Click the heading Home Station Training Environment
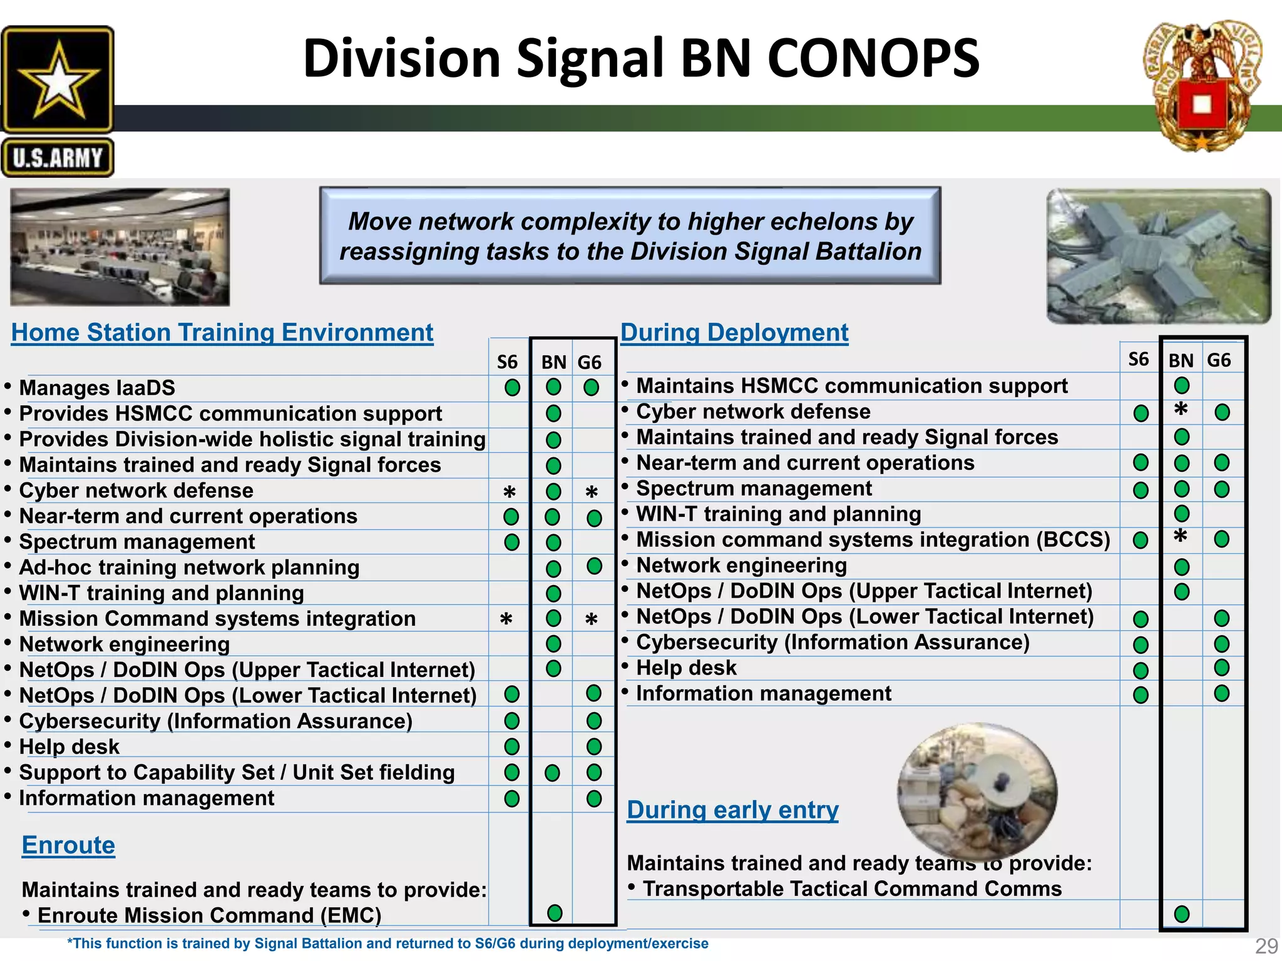tap(222, 332)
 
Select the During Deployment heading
tap(734, 332)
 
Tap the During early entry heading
tap(732, 810)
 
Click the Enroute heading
tap(68, 845)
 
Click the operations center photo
tap(120, 248)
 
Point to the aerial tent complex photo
tap(1158, 256)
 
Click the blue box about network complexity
tap(630, 236)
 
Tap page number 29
tap(1266, 945)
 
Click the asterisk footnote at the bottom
tap(388, 943)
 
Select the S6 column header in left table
tap(507, 362)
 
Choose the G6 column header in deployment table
tap(1219, 360)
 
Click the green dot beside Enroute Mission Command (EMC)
tap(555, 913)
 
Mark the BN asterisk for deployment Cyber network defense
tap(1181, 410)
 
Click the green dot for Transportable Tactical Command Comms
tap(1181, 914)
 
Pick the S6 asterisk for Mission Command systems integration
tap(506, 619)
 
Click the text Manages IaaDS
tap(97, 388)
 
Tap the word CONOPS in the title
tap(873, 58)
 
